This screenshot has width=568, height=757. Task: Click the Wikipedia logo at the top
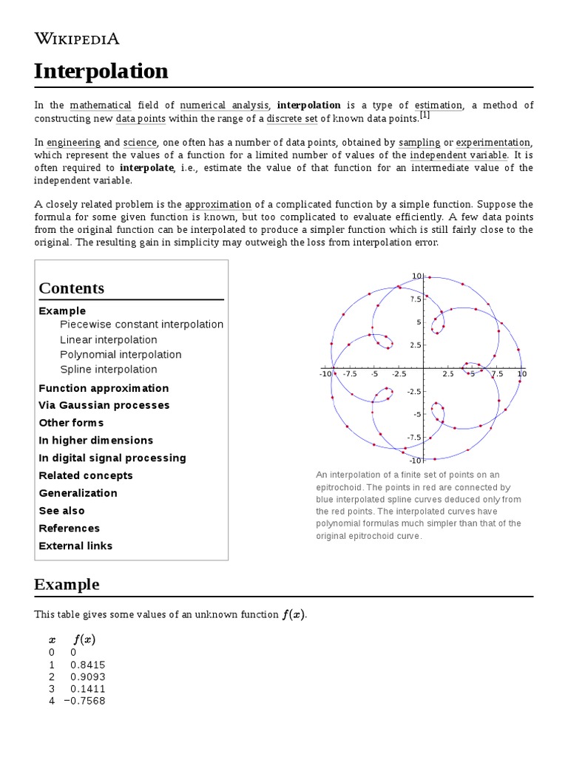[77, 38]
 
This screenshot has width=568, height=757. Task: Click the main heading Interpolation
[101, 71]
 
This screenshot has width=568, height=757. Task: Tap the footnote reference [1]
[425, 116]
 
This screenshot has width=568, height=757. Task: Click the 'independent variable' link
[459, 155]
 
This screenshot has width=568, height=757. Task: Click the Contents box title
[72, 288]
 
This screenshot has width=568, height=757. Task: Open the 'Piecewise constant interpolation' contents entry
[141, 325]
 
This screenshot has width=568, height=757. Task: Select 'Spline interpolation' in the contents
[109, 370]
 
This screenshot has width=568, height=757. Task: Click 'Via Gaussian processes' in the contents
[104, 405]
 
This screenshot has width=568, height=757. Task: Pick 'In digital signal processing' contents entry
[112, 458]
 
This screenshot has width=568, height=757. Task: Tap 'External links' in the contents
[75, 546]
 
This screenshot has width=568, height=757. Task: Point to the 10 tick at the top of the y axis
[416, 276]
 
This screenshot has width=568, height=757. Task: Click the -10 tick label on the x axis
[325, 374]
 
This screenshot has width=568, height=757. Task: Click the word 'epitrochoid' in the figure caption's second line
[338, 487]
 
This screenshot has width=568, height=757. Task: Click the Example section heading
[67, 584]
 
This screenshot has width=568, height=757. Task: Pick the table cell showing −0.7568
[84, 701]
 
